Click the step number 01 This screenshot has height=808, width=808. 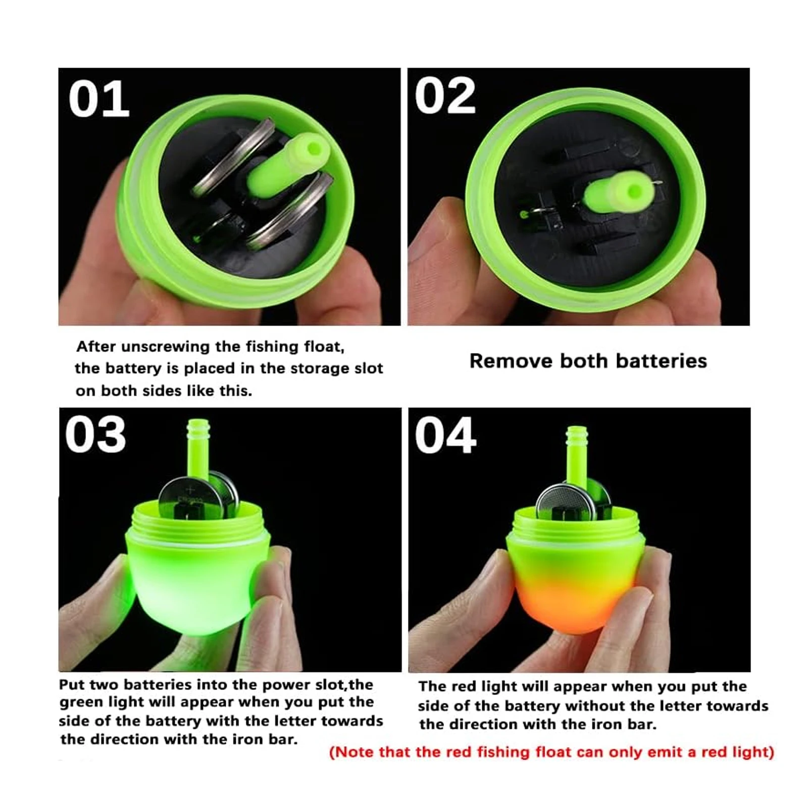coord(99,99)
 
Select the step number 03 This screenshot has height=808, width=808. coord(95,435)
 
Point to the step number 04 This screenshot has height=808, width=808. coord(445,435)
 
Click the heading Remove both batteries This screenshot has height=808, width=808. coord(588,361)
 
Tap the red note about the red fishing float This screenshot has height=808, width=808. coord(551,752)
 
